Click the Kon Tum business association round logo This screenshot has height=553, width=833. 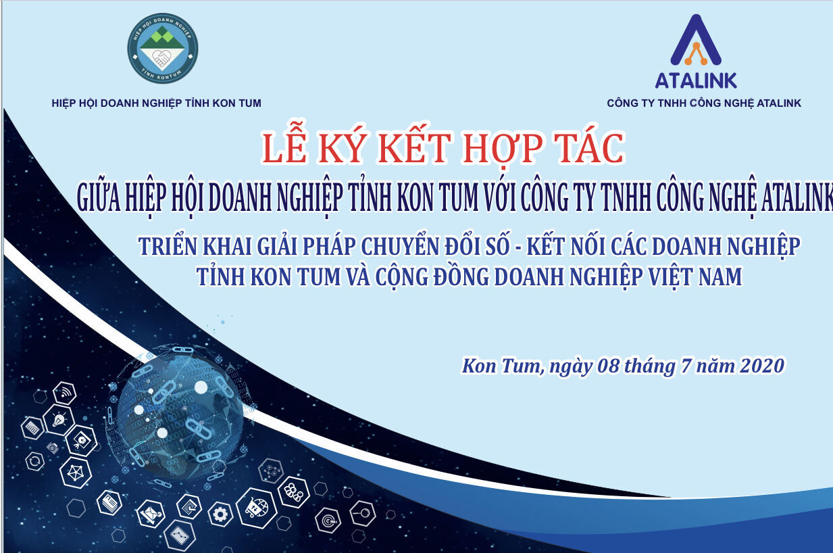(x=163, y=49)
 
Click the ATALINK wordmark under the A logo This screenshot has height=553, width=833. (x=696, y=80)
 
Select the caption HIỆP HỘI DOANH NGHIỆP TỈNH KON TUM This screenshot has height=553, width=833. (x=157, y=103)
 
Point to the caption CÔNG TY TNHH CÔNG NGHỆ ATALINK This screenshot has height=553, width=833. (x=704, y=103)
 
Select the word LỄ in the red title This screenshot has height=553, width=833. (x=284, y=145)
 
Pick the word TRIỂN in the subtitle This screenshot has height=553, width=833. (x=168, y=245)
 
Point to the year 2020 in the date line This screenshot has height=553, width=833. (x=762, y=366)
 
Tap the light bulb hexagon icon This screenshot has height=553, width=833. (x=59, y=419)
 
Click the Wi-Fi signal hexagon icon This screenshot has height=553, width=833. (x=65, y=393)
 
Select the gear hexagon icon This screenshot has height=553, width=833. (x=220, y=514)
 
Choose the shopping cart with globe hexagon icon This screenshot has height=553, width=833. (x=257, y=507)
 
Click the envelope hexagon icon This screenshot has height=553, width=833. (x=151, y=514)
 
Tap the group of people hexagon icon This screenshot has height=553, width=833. (x=294, y=492)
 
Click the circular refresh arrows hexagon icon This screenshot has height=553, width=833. (x=35, y=462)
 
